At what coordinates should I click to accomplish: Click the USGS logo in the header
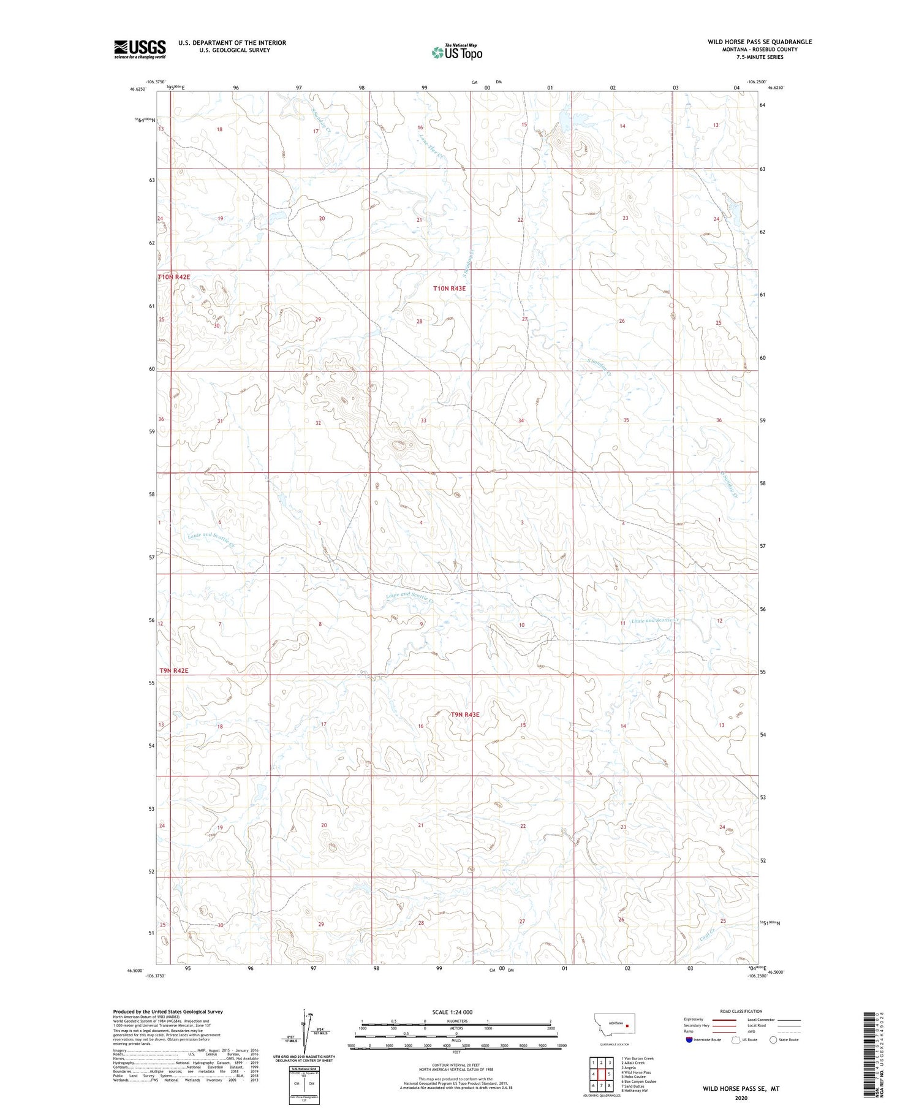(x=140, y=49)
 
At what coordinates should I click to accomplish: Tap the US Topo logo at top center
(x=457, y=53)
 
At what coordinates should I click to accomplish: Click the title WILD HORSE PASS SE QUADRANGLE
(x=760, y=42)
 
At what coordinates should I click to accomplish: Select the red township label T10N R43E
(x=450, y=288)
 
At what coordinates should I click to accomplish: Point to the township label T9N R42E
(x=174, y=670)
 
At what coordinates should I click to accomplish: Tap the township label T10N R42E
(x=174, y=277)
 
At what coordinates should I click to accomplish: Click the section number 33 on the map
(x=423, y=420)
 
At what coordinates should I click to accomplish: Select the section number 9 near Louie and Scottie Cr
(x=422, y=624)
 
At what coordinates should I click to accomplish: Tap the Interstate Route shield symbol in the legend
(x=689, y=1039)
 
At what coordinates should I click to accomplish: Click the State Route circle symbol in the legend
(x=774, y=1039)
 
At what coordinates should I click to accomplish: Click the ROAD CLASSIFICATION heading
(x=741, y=1011)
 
